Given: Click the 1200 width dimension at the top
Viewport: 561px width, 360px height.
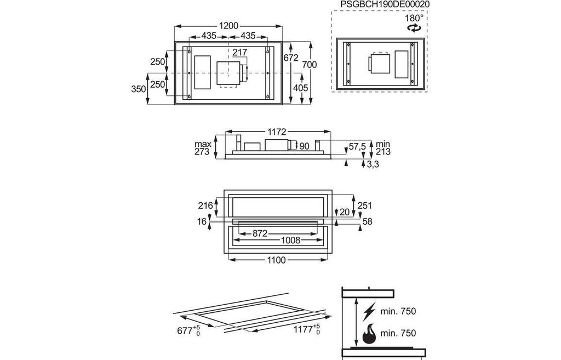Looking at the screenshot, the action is click(228, 26).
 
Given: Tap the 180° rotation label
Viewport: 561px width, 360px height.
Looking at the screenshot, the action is click(414, 18).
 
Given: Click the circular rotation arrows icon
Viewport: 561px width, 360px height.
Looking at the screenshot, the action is click(414, 28).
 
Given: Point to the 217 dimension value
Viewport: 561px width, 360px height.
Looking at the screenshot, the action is click(239, 52).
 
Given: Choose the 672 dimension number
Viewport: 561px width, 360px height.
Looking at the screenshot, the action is click(290, 57).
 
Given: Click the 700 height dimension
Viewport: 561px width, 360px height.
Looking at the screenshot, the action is click(310, 65).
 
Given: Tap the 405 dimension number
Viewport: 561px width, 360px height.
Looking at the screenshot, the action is click(301, 88).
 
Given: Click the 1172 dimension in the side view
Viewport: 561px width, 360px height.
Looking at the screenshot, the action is click(277, 132).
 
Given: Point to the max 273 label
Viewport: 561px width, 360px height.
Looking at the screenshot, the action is click(203, 147).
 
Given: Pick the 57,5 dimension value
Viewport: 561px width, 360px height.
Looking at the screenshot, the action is click(357, 146).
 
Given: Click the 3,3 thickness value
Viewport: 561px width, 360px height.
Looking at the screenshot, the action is click(373, 164).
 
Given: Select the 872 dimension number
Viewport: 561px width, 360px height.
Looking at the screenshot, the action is click(260, 233).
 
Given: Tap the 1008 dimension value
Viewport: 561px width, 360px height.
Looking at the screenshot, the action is click(290, 240).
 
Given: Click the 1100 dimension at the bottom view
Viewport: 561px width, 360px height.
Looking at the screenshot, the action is click(276, 260).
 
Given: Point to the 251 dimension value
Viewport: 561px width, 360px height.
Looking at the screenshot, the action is click(364, 205).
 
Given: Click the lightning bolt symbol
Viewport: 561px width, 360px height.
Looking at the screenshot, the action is click(369, 311).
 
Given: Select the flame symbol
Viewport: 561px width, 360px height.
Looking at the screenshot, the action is click(369, 334).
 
